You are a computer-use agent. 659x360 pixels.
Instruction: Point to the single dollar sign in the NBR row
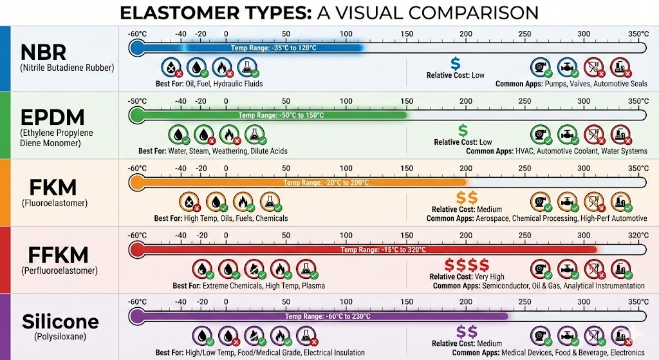point(455,63)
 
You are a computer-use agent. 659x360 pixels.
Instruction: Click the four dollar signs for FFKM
point(467,265)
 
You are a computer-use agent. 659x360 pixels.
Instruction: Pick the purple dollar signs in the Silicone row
point(466,332)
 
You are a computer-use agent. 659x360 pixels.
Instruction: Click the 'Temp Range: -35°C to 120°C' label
point(274,48)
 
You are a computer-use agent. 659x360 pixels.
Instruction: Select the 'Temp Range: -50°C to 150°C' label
point(281,115)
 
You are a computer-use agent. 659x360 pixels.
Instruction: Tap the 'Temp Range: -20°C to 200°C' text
point(326,183)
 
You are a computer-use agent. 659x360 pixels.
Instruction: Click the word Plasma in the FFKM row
point(312,286)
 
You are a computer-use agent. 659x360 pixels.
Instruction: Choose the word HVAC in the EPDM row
point(524,151)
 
